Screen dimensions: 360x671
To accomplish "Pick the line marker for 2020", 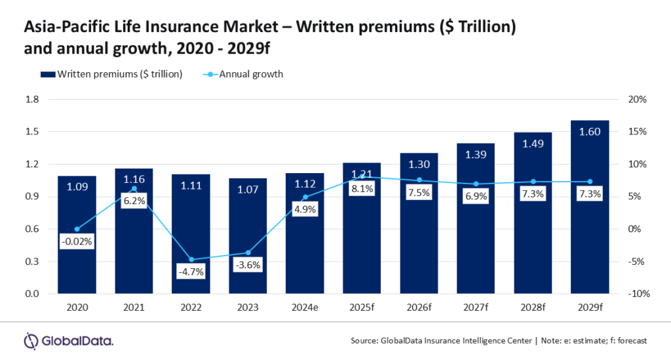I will [77, 229].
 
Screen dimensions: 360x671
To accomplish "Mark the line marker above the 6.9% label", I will [476, 184].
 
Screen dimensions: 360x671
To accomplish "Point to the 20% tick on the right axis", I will [638, 100].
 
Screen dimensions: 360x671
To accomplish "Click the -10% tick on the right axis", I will [637, 294].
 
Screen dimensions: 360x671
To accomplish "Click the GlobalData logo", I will [69, 340].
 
